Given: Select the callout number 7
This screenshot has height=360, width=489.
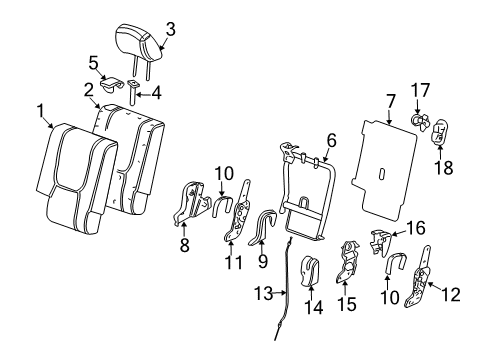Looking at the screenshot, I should tap(391, 100).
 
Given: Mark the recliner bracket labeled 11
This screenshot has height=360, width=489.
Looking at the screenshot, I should tap(238, 225).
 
